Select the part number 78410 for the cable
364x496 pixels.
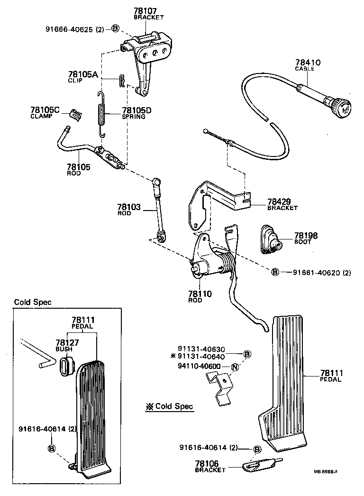308,62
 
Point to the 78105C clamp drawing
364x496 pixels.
75,114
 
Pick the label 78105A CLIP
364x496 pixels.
82,77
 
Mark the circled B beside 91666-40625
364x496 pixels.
115,29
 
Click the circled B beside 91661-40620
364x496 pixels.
274,272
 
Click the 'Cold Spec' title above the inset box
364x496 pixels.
33,302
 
